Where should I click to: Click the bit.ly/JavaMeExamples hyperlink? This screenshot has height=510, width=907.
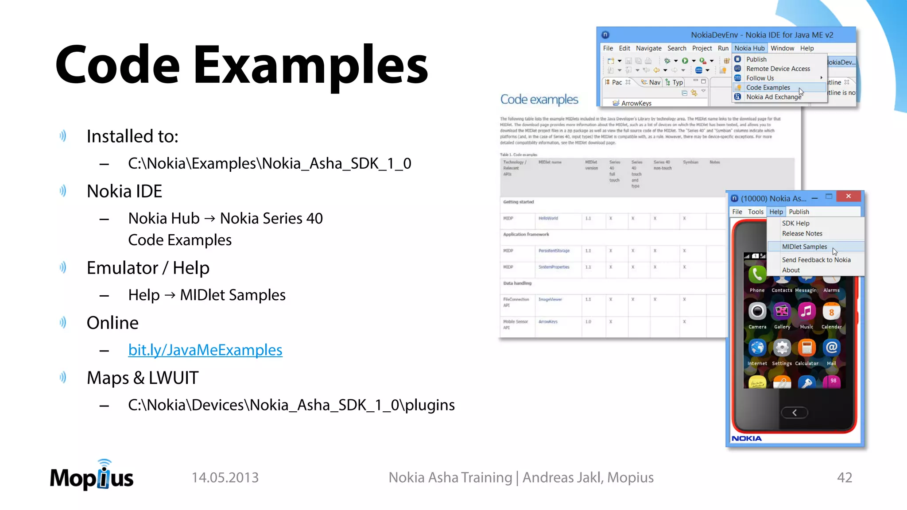(205, 350)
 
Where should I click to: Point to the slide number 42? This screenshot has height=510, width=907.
(844, 477)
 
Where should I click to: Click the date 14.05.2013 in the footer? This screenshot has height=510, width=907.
(225, 477)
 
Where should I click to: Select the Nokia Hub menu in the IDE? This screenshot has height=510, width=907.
(749, 48)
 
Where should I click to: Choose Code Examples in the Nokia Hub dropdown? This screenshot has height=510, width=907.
(768, 88)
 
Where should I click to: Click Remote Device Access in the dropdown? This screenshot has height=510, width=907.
(778, 69)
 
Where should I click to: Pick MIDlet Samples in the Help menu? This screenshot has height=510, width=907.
(804, 247)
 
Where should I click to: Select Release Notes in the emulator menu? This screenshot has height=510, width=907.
(802, 233)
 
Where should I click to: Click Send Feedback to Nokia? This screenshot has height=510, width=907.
(816, 260)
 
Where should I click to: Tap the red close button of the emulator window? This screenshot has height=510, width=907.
(848, 196)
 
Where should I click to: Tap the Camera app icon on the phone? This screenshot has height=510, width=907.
(757, 311)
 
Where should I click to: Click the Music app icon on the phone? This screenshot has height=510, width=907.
(806, 311)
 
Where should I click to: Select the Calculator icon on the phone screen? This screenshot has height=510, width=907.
(806, 348)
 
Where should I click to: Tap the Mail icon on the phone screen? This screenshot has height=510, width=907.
(831, 348)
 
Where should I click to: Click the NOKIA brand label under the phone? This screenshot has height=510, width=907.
(747, 438)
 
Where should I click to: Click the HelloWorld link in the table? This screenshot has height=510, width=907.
(548, 218)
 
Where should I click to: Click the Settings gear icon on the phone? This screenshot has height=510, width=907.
(782, 348)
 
